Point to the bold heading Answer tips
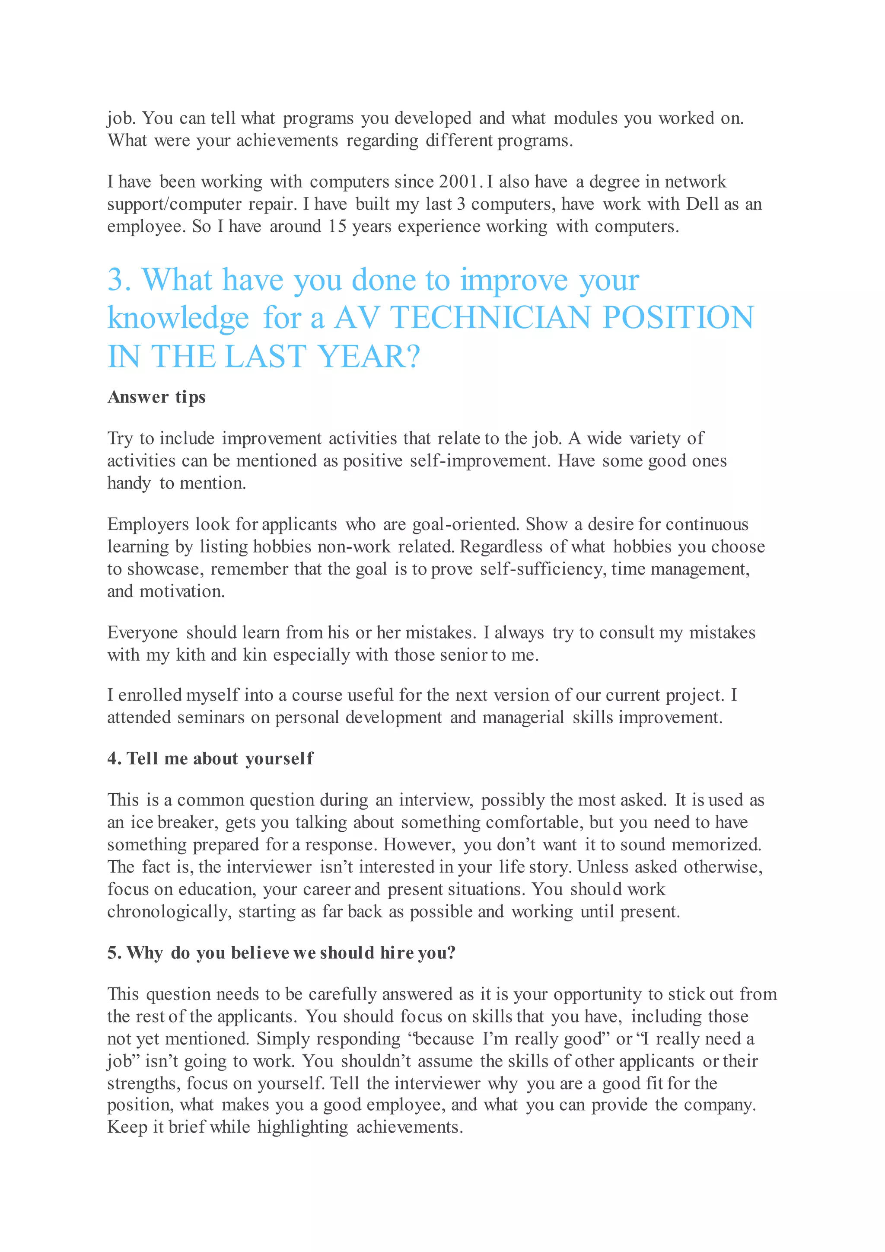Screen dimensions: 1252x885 click(156, 397)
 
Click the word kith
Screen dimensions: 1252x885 click(191, 655)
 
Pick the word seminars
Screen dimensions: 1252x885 click(211, 717)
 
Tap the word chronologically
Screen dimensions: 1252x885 click(169, 912)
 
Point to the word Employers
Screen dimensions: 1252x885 click(148, 524)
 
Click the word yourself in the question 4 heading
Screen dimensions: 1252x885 click(279, 759)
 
